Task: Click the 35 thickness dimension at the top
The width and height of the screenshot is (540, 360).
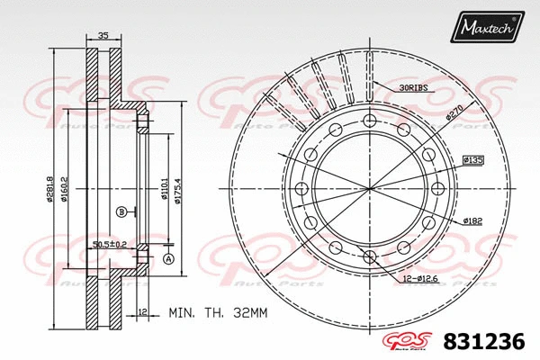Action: [103, 37]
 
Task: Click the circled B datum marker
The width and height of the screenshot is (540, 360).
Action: [120, 211]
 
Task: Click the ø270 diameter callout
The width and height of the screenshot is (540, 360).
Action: [454, 113]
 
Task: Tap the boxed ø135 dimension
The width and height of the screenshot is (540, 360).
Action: [473, 160]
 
